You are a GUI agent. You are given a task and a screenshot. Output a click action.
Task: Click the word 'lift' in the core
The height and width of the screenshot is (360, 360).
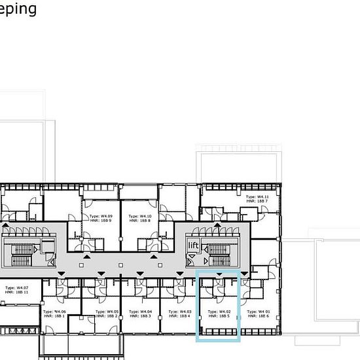tap(193, 245)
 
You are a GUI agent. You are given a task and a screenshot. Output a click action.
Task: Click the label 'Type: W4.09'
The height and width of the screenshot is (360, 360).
tap(101, 216)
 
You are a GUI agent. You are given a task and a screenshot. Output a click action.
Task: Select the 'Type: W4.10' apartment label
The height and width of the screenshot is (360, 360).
tap(140, 216)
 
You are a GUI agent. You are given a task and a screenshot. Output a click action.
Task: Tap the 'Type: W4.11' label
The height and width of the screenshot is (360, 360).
tap(257, 196)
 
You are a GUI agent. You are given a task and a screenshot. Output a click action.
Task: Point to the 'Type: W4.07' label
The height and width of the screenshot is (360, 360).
tap(17, 287)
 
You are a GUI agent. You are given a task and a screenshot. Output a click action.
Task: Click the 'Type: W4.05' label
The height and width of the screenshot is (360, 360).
tap(101, 312)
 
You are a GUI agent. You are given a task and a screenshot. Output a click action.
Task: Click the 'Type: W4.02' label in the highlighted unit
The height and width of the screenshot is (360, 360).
tap(219, 312)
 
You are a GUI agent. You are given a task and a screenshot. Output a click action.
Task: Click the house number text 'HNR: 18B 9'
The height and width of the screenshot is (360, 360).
tap(101, 221)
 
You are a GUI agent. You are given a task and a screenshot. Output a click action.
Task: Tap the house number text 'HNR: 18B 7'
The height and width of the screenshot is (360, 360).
tap(257, 201)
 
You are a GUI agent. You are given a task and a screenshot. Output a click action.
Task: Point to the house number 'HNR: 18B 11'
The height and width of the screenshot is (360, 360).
tap(17, 292)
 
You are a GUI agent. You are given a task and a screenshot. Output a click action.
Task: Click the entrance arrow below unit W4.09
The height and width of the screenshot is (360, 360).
tap(87, 243)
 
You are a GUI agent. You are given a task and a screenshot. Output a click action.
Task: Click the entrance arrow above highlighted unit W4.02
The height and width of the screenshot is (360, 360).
tap(219, 274)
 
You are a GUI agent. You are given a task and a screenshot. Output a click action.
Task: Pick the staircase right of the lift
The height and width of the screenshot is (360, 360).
tap(216, 251)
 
